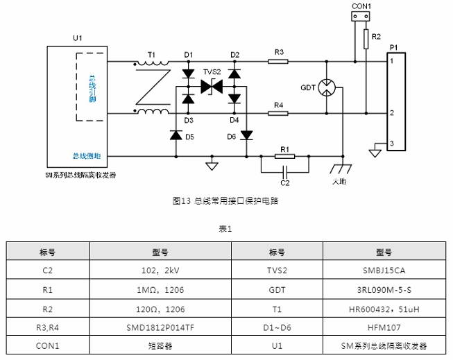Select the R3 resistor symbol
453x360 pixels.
click(x=278, y=61)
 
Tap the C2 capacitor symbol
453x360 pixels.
click(x=284, y=171)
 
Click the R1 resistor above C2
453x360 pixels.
click(x=284, y=157)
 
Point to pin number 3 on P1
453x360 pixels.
click(x=392, y=144)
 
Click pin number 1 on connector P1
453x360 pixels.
click(x=392, y=62)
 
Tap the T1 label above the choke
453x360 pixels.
click(x=151, y=53)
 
